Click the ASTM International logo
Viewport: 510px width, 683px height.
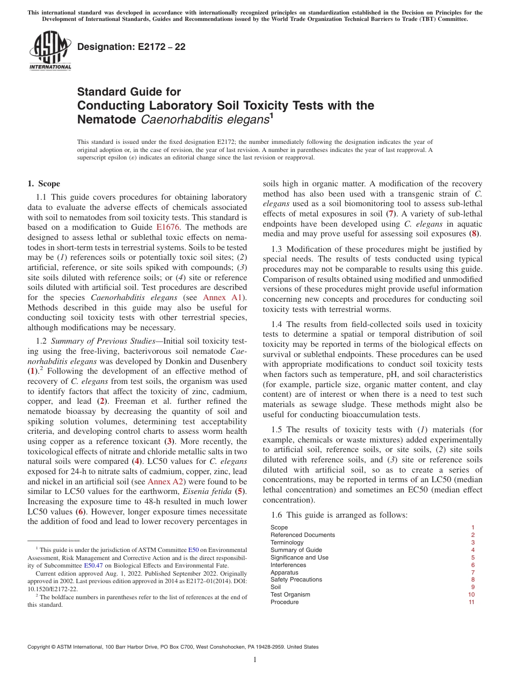50,50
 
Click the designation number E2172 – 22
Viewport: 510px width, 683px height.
132,47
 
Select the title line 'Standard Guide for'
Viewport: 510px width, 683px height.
129,92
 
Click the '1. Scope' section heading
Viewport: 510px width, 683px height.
44,184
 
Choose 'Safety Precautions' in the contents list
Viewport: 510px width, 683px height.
296,579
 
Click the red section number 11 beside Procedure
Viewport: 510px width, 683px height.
471,602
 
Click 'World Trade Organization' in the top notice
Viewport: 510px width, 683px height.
304,19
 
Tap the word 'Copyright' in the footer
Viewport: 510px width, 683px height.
41,647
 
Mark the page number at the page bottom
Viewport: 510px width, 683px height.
255,660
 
